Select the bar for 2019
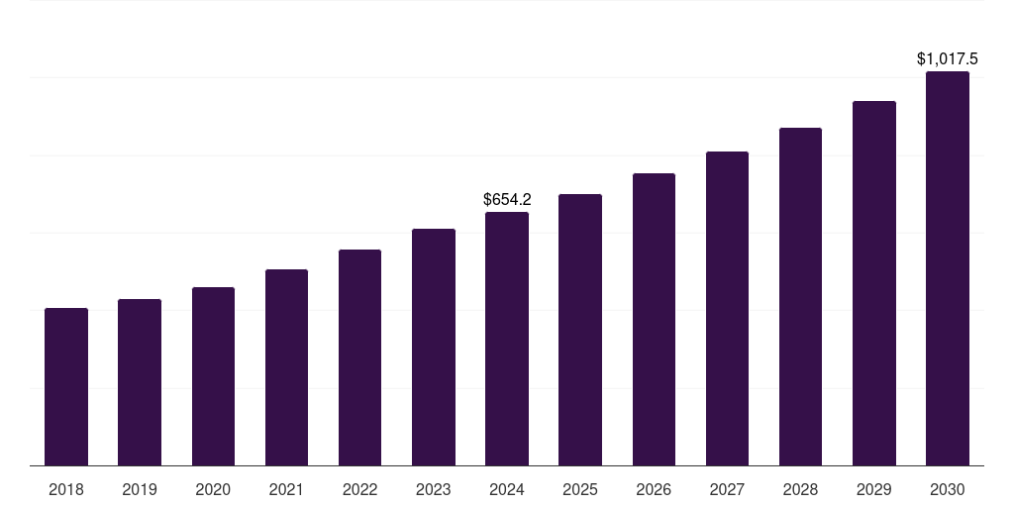pos(140,382)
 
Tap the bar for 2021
pos(286,367)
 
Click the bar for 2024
pos(507,339)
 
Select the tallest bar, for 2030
pos(948,268)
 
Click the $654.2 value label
pos(507,200)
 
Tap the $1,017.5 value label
pos(948,59)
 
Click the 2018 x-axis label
pos(66,489)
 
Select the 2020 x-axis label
pos(213,489)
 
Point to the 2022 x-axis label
pos(359,489)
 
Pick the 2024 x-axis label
pos(507,489)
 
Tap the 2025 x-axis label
pos(580,489)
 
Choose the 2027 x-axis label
pos(727,489)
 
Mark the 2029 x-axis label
pos(873,489)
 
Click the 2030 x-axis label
pos(948,489)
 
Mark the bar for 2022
pos(359,357)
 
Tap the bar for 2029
pos(873,283)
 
